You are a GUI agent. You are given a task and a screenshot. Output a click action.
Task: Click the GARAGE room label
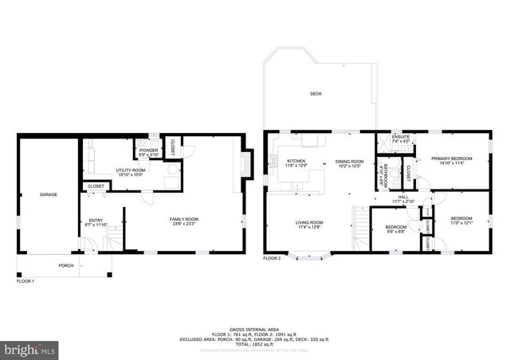[x=49, y=194]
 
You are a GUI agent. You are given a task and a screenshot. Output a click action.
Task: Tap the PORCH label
[x=65, y=265]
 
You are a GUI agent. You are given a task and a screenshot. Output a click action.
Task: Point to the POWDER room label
[x=148, y=150]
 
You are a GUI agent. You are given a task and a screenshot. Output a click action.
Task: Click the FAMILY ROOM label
[x=183, y=219]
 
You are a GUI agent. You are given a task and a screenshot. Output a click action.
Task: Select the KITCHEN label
[x=296, y=162]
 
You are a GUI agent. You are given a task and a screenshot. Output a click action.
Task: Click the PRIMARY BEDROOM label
[x=452, y=158]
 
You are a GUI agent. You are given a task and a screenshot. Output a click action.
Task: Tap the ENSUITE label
[x=400, y=139]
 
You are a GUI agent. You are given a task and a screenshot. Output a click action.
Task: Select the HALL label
[x=403, y=197]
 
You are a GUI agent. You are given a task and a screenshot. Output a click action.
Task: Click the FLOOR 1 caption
[x=26, y=281]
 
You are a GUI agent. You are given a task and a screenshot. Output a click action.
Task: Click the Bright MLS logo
[x=30, y=349]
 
